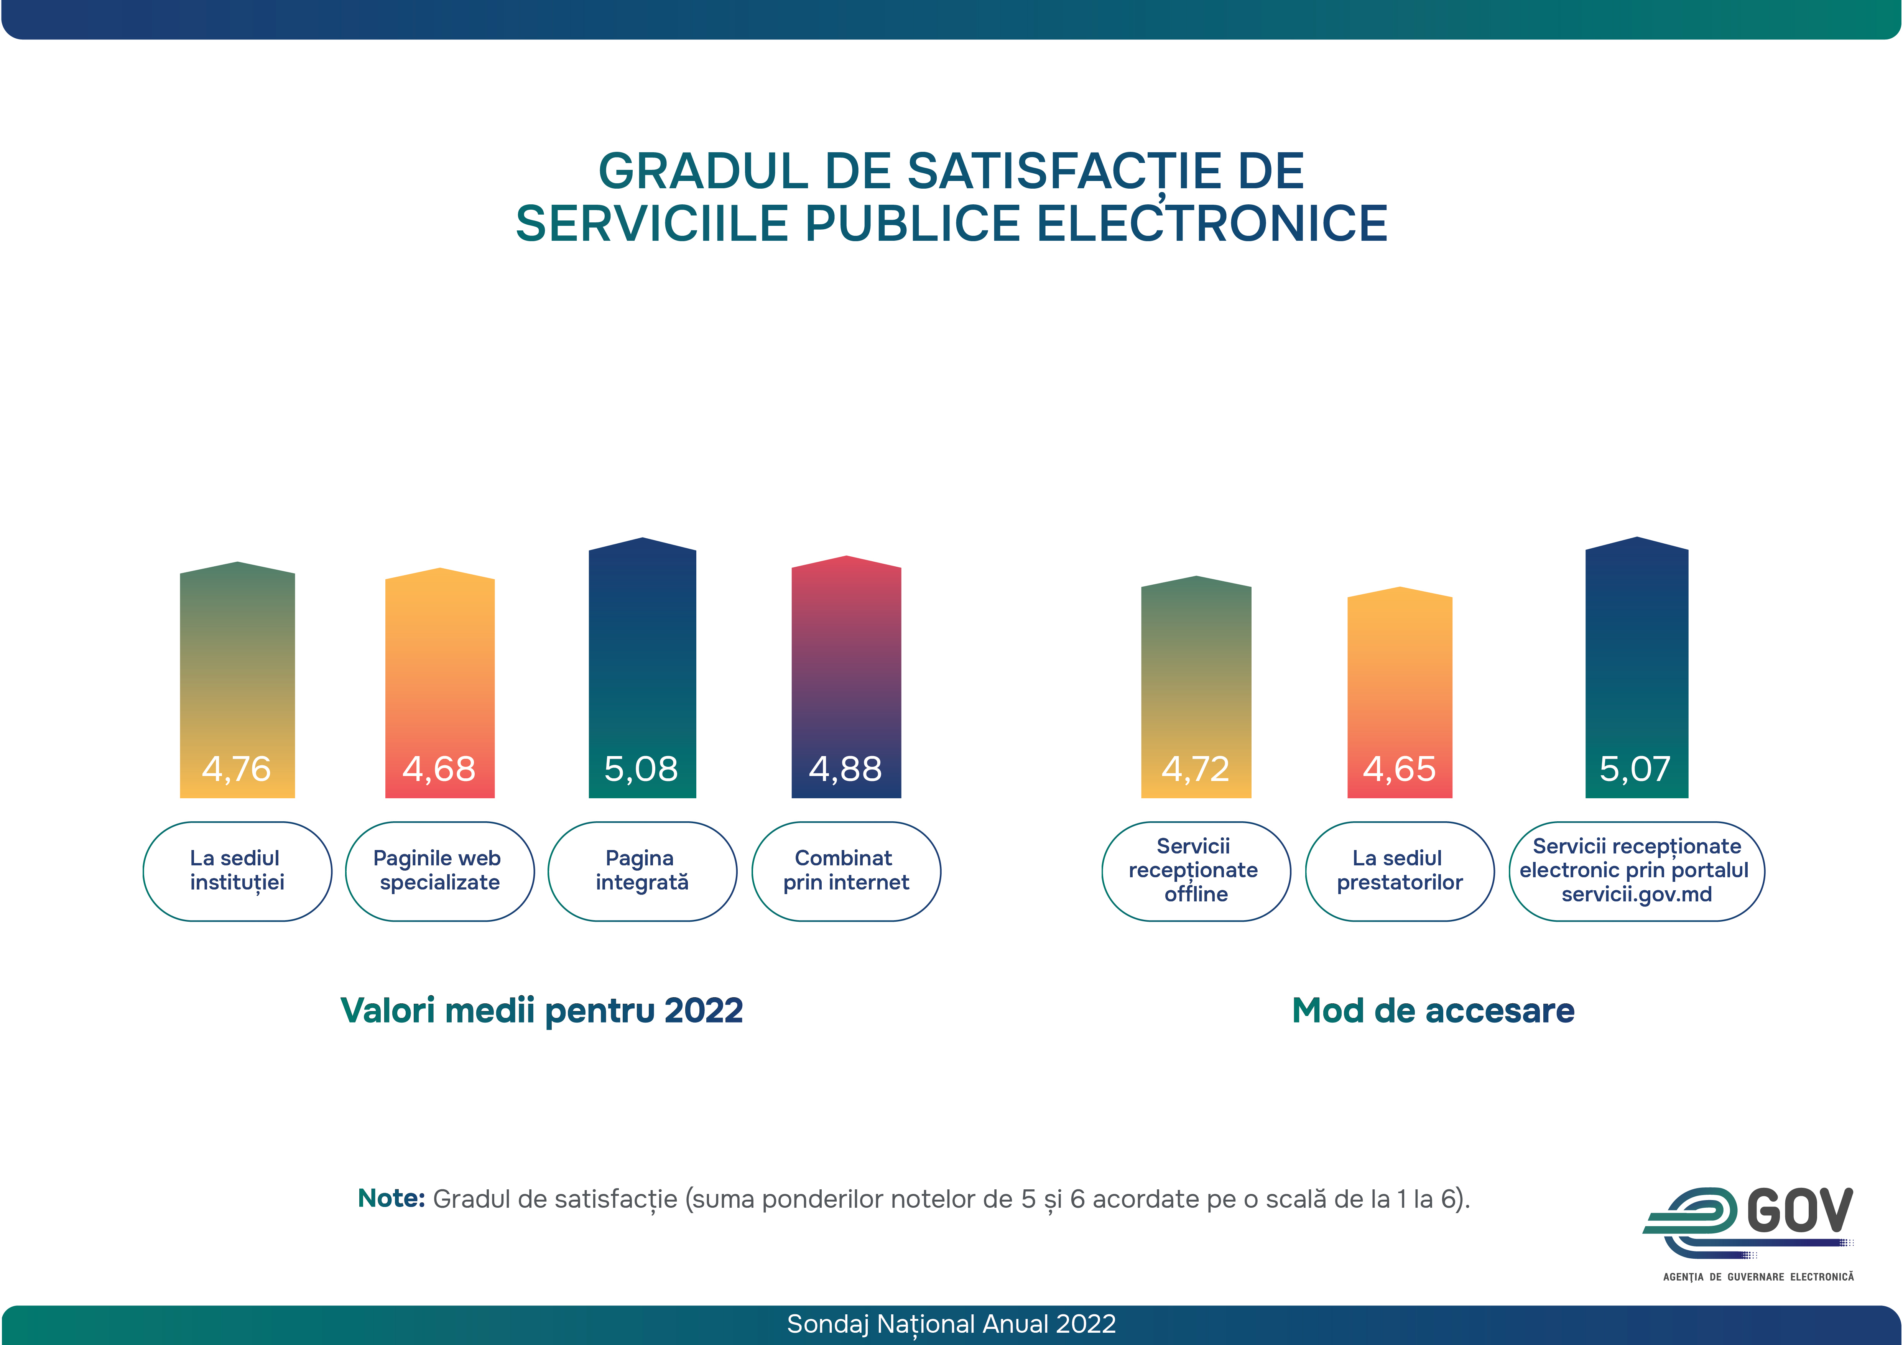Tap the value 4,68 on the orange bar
tap(439, 769)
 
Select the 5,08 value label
tap(641, 769)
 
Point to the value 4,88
tap(845, 769)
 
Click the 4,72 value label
tap(1195, 769)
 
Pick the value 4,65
tap(1399, 769)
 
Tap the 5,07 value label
tap(1635, 769)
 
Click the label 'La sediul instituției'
tap(237, 870)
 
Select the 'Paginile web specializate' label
tap(439, 870)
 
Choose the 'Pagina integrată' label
tap(641, 870)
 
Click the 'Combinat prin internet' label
tap(845, 870)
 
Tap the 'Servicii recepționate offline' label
tap(1195, 870)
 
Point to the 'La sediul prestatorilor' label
tap(1399, 870)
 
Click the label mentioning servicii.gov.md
tap(1636, 870)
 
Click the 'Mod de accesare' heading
tap(1433, 1011)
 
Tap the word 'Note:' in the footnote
tap(391, 1198)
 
